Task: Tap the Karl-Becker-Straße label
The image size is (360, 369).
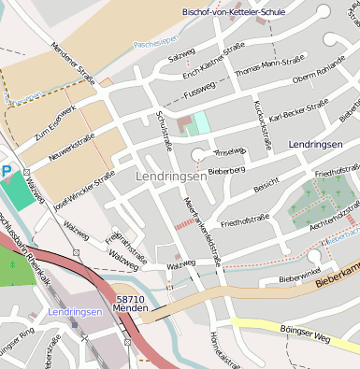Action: pos(297,117)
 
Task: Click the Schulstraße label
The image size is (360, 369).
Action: pos(167,132)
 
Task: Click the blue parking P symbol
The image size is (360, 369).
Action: pos(7,171)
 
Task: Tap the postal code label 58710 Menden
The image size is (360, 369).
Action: pos(131,305)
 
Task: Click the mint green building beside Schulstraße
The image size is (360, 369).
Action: pos(200,122)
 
